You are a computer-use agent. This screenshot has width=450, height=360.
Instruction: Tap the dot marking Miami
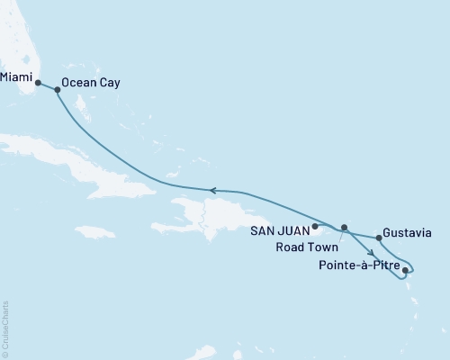[38, 83]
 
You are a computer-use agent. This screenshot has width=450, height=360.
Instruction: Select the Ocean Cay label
[94, 83]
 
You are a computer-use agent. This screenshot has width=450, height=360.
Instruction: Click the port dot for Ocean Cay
[58, 89]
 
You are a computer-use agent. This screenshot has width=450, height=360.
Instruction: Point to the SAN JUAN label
[281, 229]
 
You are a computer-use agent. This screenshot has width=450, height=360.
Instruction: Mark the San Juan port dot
[315, 227]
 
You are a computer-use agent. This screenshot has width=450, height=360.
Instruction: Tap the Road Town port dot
[344, 227]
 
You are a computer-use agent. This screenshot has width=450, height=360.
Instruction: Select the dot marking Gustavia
[379, 238]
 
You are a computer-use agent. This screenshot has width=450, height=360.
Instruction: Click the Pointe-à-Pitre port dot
[406, 269]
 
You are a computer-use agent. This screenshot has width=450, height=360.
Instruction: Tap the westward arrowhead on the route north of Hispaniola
[214, 190]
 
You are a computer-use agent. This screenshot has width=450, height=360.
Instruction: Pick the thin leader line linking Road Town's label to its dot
[340, 235]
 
